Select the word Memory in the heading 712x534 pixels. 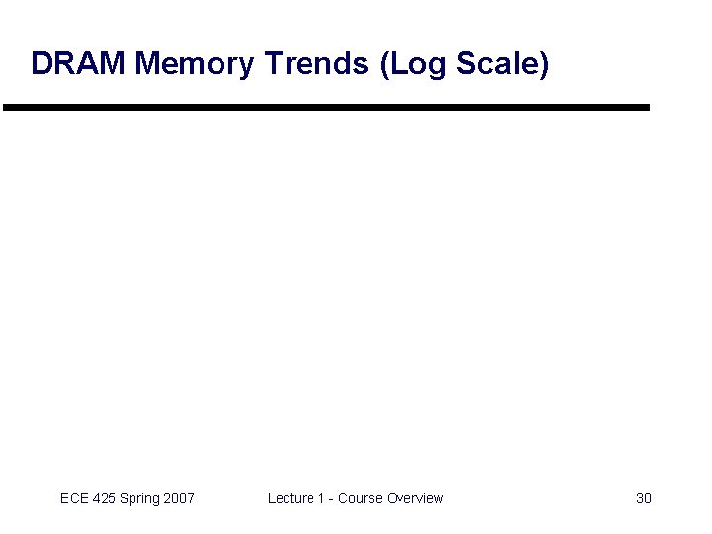pyautogui.click(x=195, y=64)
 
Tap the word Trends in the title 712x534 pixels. pyautogui.click(x=317, y=64)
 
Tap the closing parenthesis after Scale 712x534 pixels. pyautogui.click(x=543, y=65)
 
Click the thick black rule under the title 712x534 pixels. pyautogui.click(x=326, y=107)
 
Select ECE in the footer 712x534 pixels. pyautogui.click(x=74, y=498)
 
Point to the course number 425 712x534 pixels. pyautogui.click(x=105, y=498)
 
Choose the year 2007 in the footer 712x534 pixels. pyautogui.click(x=179, y=498)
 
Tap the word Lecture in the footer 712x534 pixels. pyautogui.click(x=291, y=498)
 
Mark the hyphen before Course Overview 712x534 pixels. pyautogui.click(x=330, y=498)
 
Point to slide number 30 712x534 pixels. pyautogui.click(x=643, y=498)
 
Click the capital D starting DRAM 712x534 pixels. pyautogui.click(x=41, y=64)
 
